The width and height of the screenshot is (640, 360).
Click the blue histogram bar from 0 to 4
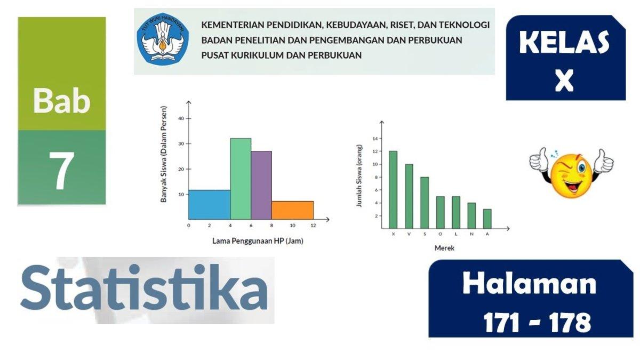(209, 205)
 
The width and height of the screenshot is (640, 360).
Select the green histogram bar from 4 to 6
(241, 179)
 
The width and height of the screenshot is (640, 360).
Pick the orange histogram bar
(292, 210)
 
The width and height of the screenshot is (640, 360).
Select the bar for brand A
(487, 219)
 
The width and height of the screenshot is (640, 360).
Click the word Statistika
(144, 289)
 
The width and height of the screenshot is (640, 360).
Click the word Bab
(61, 101)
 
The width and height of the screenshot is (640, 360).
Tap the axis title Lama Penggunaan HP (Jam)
(258, 241)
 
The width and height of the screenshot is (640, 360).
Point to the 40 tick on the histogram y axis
(181, 118)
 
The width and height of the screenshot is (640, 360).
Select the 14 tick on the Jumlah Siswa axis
(375, 139)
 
